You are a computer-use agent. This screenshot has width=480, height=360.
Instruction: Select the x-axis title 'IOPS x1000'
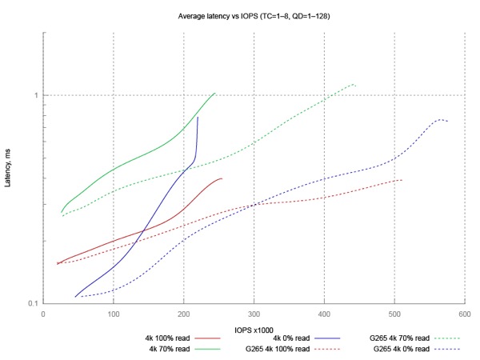pyautogui.click(x=254, y=329)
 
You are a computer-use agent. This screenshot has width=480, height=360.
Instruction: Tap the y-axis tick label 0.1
pyautogui.click(x=33, y=304)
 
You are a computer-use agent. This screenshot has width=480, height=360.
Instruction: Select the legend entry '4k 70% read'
pyautogui.click(x=169, y=349)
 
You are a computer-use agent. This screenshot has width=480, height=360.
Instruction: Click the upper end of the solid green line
pyautogui.click(x=215, y=93)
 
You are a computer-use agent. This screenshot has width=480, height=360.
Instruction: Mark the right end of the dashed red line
pyautogui.click(x=402, y=180)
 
